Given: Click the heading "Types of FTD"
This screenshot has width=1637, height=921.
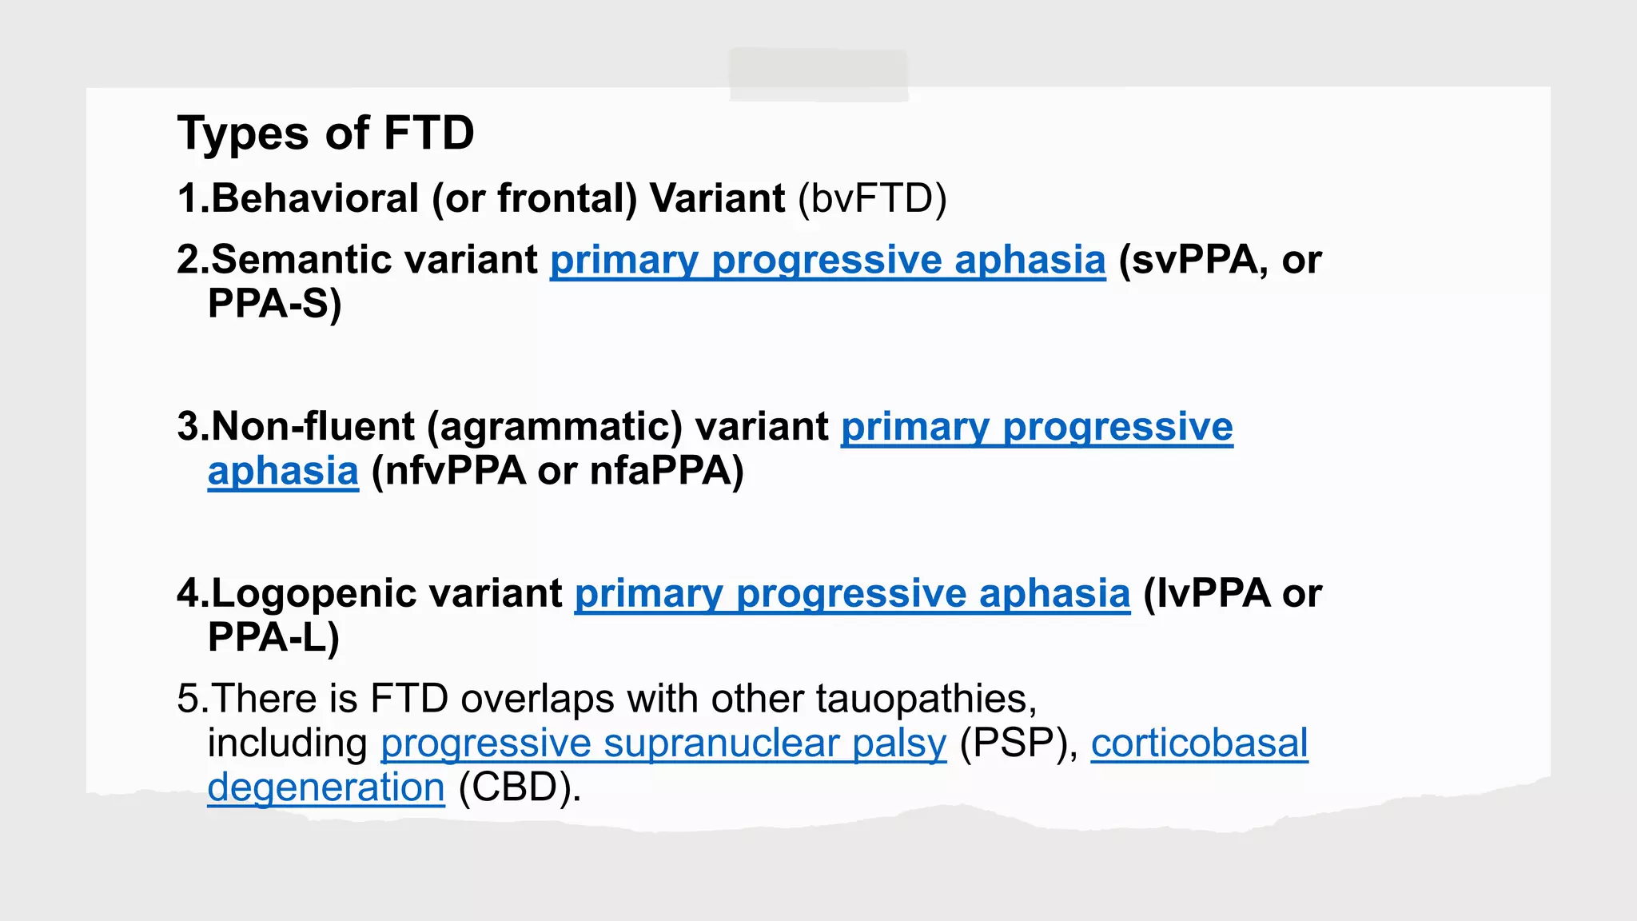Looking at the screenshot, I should [325, 133].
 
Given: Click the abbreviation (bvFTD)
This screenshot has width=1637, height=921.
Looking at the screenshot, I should [872, 198].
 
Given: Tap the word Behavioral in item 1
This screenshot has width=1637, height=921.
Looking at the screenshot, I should [315, 198].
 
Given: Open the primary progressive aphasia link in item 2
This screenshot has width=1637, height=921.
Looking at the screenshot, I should [827, 261].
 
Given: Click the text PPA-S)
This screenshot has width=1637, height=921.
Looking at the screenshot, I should [274, 304].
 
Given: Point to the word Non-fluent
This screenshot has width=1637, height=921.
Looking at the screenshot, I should [313, 426].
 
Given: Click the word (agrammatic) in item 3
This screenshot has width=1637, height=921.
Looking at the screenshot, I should [555, 427].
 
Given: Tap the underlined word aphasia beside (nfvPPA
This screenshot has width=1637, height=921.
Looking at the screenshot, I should [283, 471].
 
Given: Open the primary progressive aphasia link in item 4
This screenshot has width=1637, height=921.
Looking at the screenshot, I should [852, 594].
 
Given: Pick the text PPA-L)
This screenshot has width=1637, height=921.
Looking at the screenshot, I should [273, 637].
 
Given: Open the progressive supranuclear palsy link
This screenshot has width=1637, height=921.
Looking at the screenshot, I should [663, 744].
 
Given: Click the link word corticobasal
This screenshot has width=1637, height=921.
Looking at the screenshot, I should [1199, 744].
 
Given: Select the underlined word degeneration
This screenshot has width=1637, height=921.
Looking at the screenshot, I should [326, 787].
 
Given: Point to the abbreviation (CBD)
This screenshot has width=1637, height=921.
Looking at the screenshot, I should [519, 787].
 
